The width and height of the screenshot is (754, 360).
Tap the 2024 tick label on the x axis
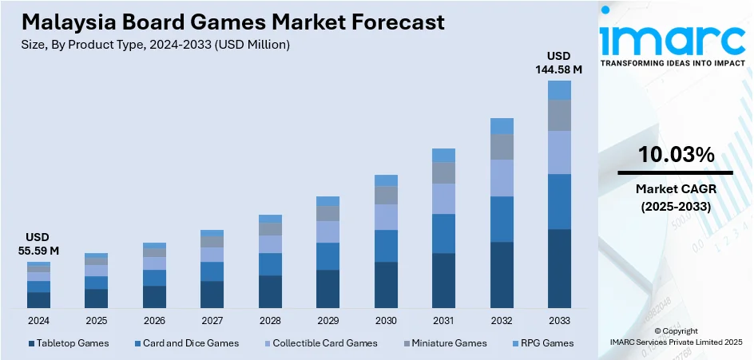[x=38, y=320]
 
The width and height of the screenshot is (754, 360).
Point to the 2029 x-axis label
[x=327, y=320]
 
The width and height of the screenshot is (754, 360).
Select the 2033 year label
[x=559, y=320]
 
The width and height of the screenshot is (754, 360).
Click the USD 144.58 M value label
[x=559, y=63]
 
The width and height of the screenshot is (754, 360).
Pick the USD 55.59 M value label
[x=38, y=244]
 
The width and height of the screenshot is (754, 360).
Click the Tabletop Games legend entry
[x=68, y=343]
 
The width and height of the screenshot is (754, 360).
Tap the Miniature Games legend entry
[x=446, y=343]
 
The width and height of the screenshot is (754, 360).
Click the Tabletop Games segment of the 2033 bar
[x=559, y=268]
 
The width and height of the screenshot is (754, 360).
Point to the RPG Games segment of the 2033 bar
[x=559, y=89]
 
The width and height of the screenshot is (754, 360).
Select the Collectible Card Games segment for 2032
[x=502, y=178]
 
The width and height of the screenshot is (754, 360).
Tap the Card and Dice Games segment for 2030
[x=386, y=246]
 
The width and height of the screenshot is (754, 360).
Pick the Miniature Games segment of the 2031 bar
[x=443, y=172]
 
